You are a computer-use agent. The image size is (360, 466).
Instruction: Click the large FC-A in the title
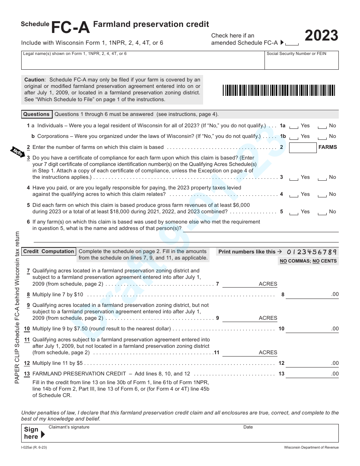pos(70,27)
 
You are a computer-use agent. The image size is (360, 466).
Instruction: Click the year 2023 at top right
pos(321,36)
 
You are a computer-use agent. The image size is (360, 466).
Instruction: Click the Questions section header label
pos(36,114)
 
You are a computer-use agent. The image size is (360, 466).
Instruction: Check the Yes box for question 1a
pos(294,126)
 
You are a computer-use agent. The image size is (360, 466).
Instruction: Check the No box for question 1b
pos(322,137)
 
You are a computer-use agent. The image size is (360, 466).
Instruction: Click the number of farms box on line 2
pos(302,148)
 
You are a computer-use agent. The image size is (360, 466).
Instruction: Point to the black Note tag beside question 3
pos(17,151)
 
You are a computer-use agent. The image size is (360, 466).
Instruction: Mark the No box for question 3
pos(322,178)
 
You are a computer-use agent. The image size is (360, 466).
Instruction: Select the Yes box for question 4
pos(294,195)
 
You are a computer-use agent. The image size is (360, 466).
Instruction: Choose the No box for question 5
pos(322,212)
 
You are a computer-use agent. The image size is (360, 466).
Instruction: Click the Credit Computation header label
pos(49,252)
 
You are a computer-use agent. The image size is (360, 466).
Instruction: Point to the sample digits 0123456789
pos(311,252)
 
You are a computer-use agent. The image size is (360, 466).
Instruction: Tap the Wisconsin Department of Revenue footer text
pos(311,447)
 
